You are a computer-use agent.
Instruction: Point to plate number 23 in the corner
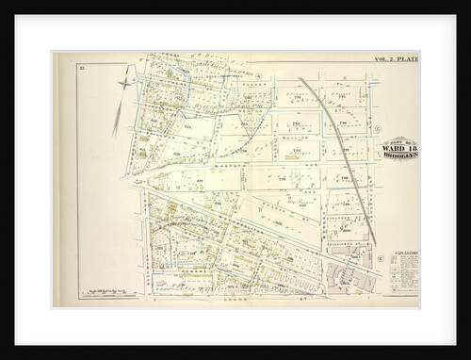84,68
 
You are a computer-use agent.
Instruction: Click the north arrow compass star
122,88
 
